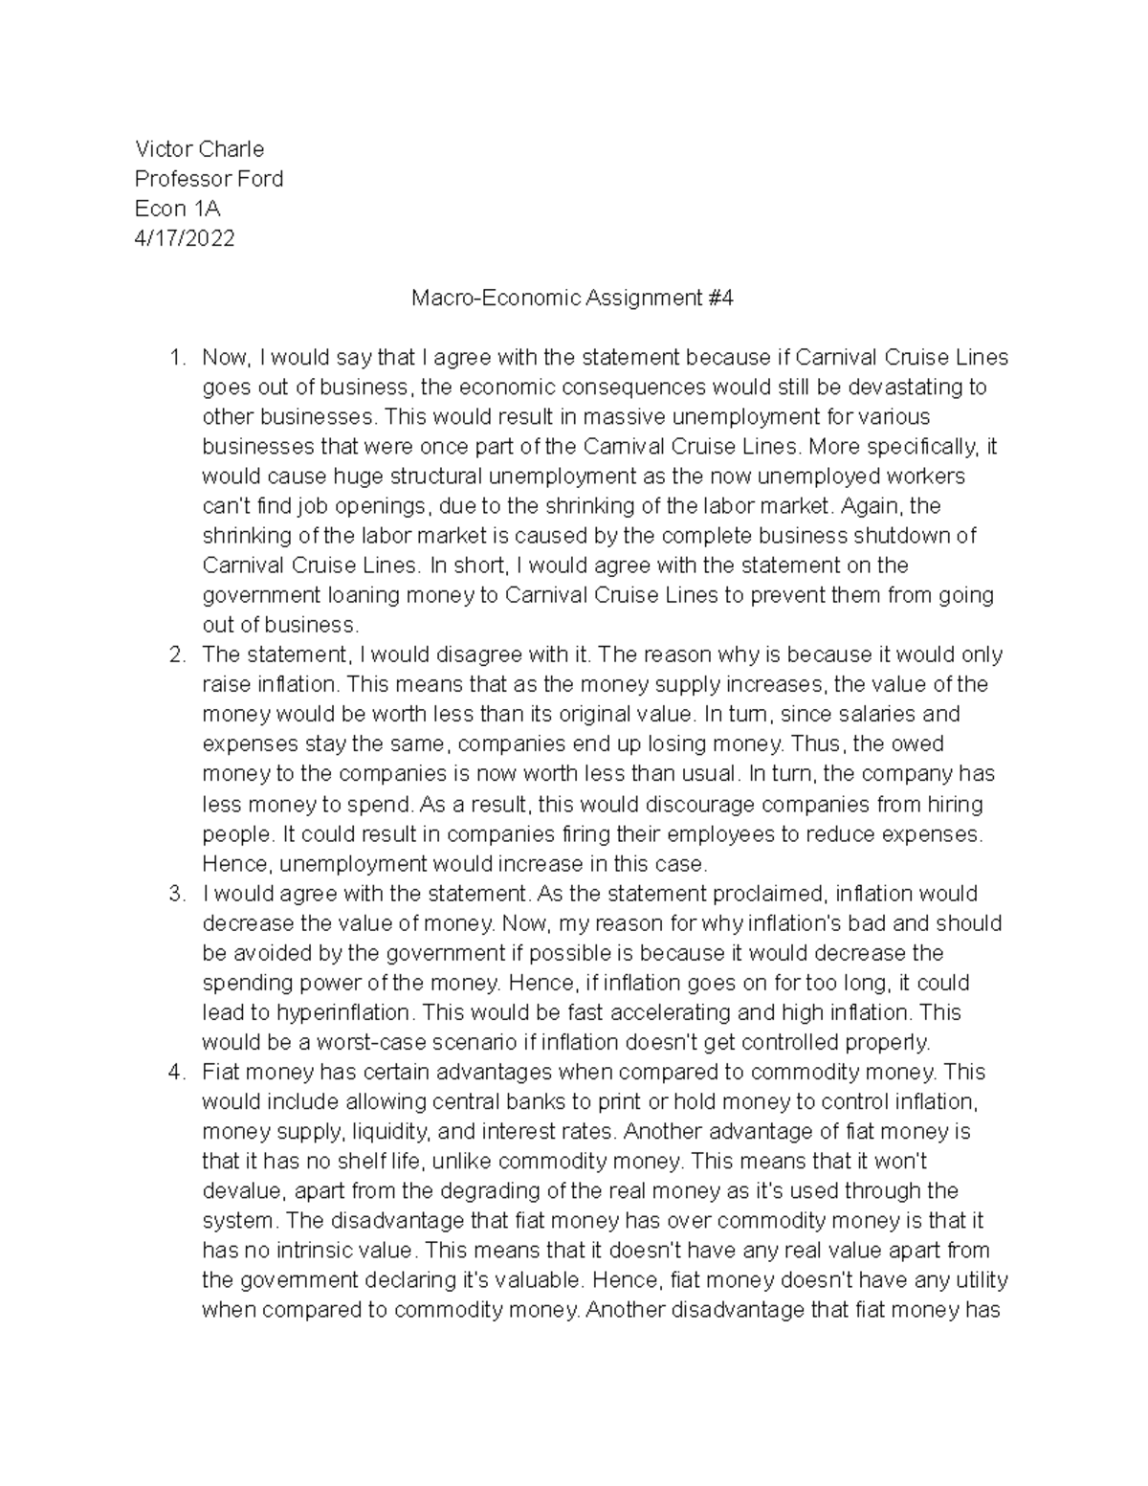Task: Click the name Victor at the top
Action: pyautogui.click(x=164, y=148)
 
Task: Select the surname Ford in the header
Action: pyautogui.click(x=260, y=178)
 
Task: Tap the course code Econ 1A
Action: pyautogui.click(x=177, y=208)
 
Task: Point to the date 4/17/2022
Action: pyautogui.click(x=184, y=237)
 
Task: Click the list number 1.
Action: pyautogui.click(x=174, y=357)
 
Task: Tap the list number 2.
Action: pyautogui.click(x=174, y=654)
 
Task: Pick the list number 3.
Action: pyautogui.click(x=174, y=893)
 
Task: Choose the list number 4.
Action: pyautogui.click(x=174, y=1072)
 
